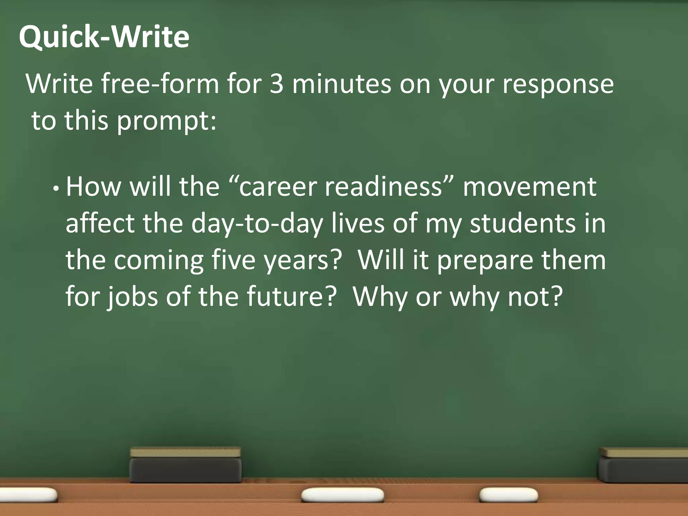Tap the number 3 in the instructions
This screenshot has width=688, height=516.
pyautogui.click(x=276, y=84)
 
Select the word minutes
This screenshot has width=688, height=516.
pyautogui.click(x=342, y=84)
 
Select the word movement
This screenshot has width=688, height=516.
pyautogui.click(x=530, y=187)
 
